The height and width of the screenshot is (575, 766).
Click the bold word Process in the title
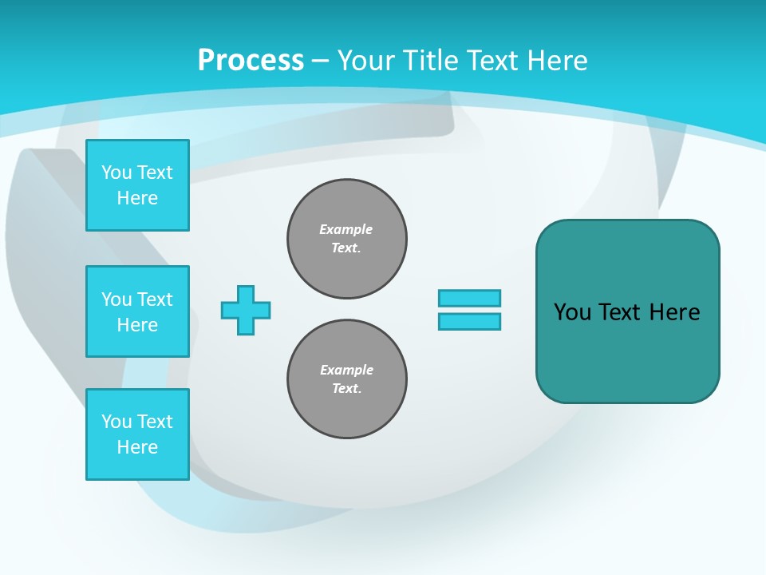(x=251, y=61)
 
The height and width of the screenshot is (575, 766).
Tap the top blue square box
(x=137, y=185)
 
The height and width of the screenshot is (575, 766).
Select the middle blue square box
(x=137, y=311)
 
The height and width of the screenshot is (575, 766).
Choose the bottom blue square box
(x=137, y=434)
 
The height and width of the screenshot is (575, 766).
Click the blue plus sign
(x=246, y=310)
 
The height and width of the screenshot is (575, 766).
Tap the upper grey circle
(x=347, y=239)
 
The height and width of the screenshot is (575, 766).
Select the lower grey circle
(x=347, y=379)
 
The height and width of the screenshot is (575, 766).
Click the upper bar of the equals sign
(x=469, y=298)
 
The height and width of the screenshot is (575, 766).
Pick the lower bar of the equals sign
(x=469, y=321)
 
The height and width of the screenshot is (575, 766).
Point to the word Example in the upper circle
(x=345, y=229)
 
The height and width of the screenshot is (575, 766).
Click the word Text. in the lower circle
(x=346, y=389)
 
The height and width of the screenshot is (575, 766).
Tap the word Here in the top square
(x=137, y=198)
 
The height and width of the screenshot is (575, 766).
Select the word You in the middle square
(x=116, y=299)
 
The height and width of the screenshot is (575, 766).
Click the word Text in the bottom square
(x=155, y=422)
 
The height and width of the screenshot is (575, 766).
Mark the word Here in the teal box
(x=674, y=312)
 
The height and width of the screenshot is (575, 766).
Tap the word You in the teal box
(x=572, y=312)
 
